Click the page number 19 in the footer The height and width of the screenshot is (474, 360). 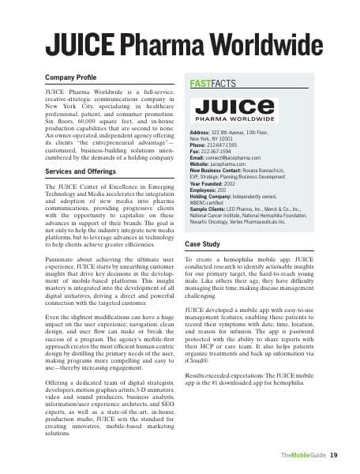tap(334, 455)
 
